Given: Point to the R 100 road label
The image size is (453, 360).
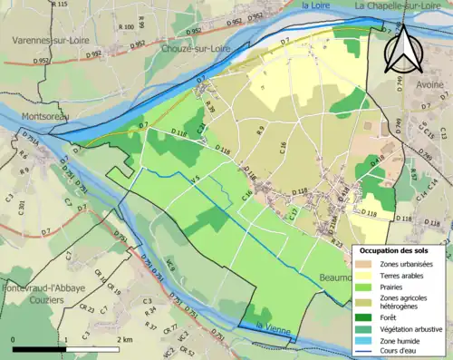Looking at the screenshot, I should coord(127,27).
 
